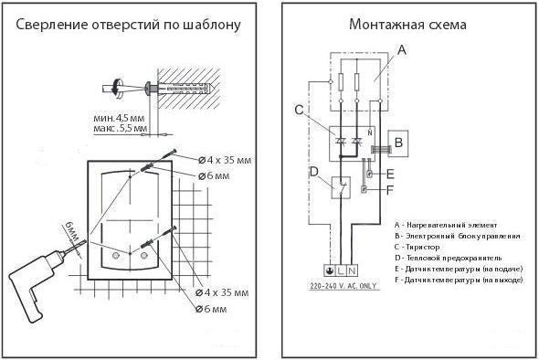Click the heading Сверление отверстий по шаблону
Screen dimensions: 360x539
tap(129, 25)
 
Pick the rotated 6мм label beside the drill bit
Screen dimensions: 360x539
tap(69, 232)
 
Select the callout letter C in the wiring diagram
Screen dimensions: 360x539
tap(312, 111)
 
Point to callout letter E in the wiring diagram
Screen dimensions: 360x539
tap(390, 173)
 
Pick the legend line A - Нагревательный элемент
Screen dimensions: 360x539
tap(445, 224)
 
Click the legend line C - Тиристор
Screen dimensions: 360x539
tap(421, 246)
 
